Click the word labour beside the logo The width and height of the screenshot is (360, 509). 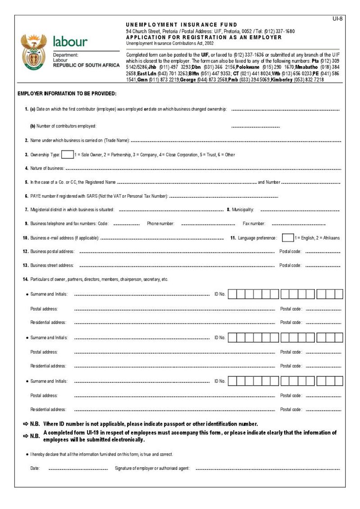tap(70, 42)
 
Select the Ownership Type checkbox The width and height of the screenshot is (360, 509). tap(67, 155)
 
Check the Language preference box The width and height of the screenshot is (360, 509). tap(287, 237)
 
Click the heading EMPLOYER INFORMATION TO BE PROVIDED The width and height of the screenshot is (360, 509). tap(67, 94)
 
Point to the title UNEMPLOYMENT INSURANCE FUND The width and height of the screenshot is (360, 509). tap(182, 25)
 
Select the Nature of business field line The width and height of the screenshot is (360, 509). tap(202, 169)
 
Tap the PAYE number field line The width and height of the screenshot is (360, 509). tap(223, 197)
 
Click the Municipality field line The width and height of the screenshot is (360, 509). tap(300, 210)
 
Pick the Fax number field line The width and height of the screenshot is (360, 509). tap(299, 224)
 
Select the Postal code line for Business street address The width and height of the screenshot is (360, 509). tap(323, 266)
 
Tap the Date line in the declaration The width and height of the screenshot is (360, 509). tap(78, 469)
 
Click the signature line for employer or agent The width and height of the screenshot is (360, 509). tap(268, 469)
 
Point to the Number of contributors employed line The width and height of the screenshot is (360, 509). tap(255, 127)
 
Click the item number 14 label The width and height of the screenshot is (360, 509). tap(26, 280)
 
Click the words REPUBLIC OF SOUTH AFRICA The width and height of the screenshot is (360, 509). tap(87, 65)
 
